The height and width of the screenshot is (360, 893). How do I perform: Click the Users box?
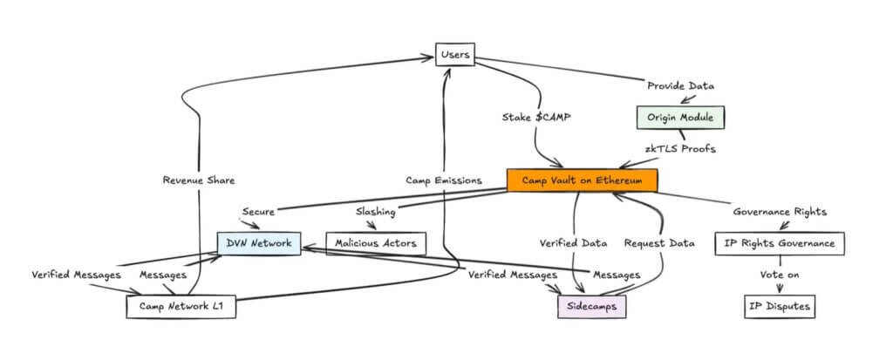455,56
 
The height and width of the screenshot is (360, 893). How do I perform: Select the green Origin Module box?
680,116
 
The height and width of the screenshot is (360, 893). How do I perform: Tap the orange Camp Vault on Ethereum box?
582,180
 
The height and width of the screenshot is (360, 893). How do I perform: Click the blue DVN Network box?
259,243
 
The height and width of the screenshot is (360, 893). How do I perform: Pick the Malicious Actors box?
376,243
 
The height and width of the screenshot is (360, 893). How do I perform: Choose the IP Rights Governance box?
780,243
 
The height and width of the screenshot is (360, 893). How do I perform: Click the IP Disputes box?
780,307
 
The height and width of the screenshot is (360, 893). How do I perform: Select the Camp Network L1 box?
181,307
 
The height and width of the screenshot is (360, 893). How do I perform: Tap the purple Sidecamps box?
592,307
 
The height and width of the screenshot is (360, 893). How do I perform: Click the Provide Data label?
680,85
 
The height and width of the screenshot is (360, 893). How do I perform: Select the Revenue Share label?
199,180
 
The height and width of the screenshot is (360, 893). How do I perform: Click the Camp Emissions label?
444,180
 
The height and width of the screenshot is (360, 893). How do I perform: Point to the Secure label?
259,212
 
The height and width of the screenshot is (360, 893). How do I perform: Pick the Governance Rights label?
779,212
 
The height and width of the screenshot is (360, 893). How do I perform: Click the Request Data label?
658,243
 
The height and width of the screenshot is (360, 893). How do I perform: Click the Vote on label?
779,275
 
